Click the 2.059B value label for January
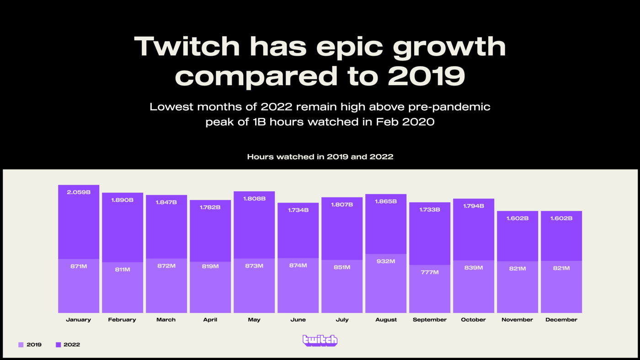click(79, 192)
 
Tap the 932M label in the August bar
click(386, 261)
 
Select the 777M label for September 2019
click(430, 272)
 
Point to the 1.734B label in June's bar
click(298, 210)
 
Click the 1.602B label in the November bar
click(517, 218)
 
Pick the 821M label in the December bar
click(561, 268)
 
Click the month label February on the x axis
click(122, 320)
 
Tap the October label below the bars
click(473, 320)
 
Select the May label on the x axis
click(254, 320)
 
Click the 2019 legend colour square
click(21, 344)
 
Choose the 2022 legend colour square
click(58, 344)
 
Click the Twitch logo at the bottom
click(320, 340)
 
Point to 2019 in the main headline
click(426, 76)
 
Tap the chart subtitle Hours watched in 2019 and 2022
click(320, 156)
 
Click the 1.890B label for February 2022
click(122, 200)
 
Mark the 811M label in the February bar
click(122, 269)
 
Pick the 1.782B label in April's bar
click(210, 207)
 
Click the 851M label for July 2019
click(342, 267)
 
